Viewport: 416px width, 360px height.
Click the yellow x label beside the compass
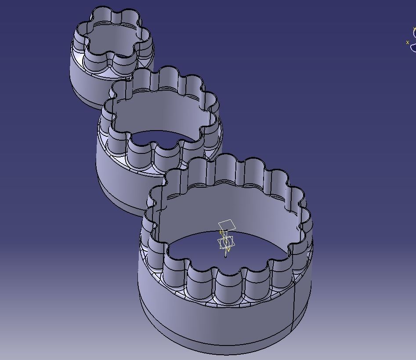(x=408, y=42)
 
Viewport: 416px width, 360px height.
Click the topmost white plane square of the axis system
(x=227, y=225)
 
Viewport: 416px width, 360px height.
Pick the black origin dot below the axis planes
(x=226, y=256)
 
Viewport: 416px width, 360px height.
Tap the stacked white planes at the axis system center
(x=226, y=242)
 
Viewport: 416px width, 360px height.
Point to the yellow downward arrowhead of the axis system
(x=228, y=250)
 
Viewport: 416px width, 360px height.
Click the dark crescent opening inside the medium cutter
(x=163, y=138)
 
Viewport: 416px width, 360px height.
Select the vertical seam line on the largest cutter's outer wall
(x=293, y=308)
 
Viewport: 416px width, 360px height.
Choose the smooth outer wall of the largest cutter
(x=211, y=316)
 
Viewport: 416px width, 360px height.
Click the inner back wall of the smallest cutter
(x=114, y=35)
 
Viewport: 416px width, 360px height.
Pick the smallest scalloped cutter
(x=112, y=48)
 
